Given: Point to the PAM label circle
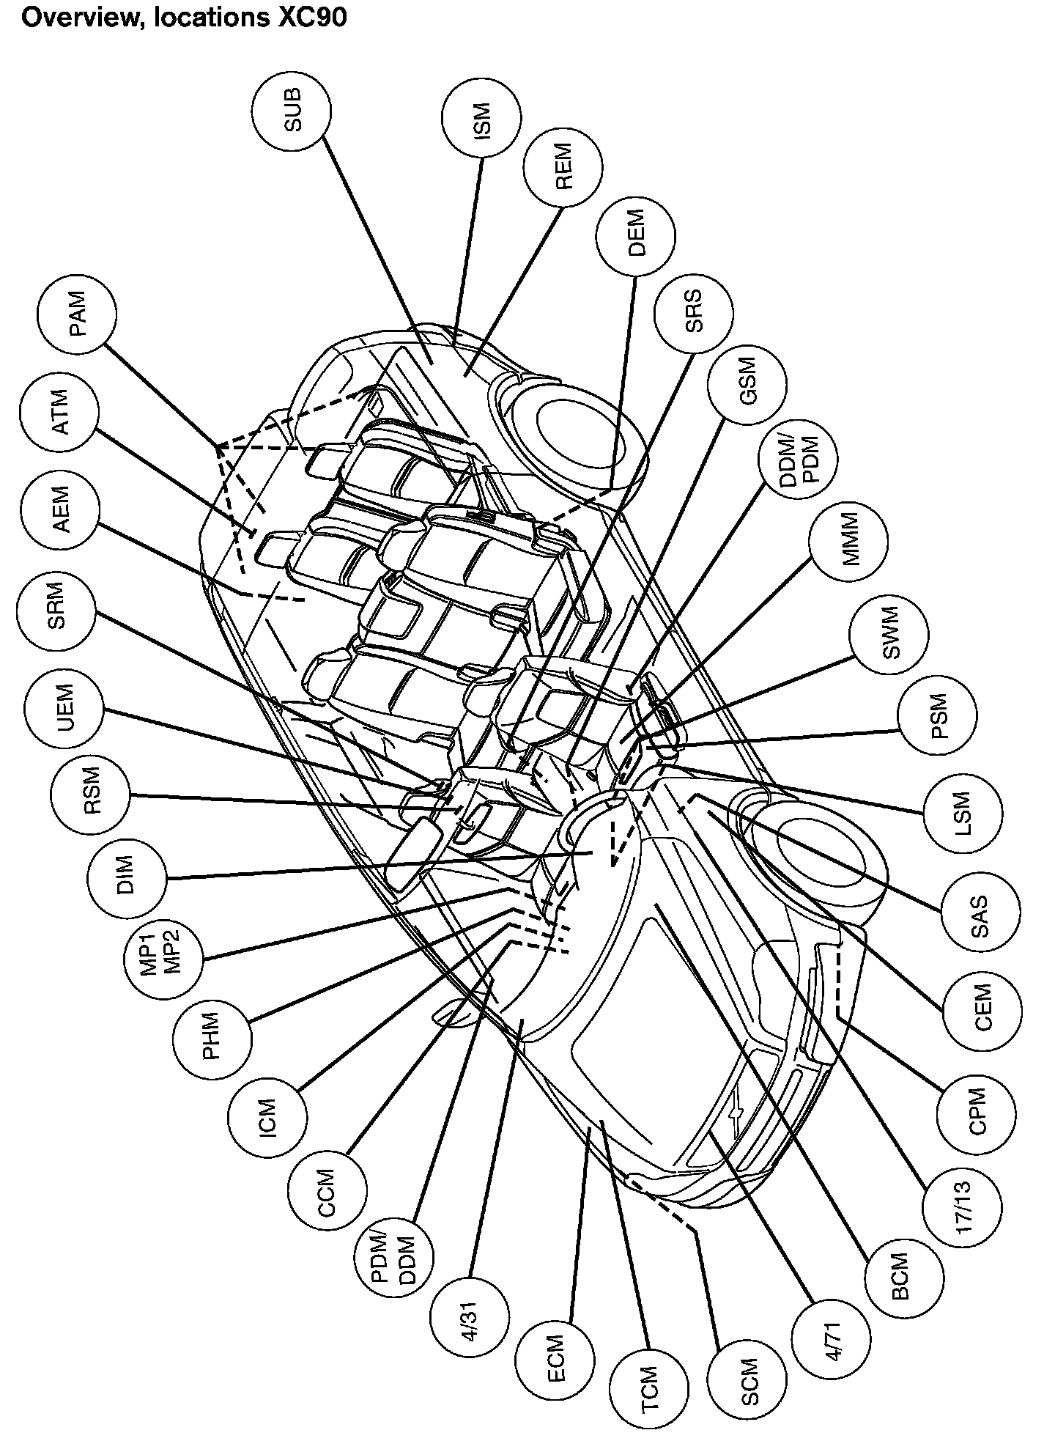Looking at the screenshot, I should pos(77,313).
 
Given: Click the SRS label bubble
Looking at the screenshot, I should pos(693,312).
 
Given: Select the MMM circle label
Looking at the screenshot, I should pos(848,542).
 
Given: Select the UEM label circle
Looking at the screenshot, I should pos(63,710).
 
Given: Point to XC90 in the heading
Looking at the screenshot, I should pos(310,16).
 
